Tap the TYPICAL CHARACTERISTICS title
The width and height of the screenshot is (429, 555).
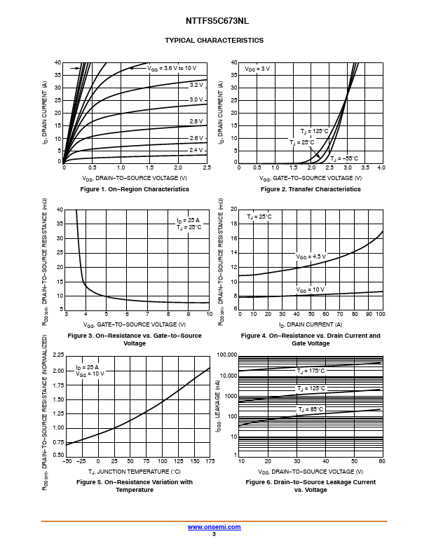pyautogui.click(x=214, y=40)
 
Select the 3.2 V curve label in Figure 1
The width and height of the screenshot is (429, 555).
pyautogui.click(x=196, y=84)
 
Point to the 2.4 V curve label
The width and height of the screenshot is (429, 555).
pyautogui.click(x=196, y=150)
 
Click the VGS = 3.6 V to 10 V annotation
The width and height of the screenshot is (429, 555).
pyautogui.click(x=172, y=68)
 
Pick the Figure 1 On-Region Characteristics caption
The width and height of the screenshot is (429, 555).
pyautogui.click(x=135, y=189)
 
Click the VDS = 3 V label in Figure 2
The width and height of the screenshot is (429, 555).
pyautogui.click(x=257, y=69)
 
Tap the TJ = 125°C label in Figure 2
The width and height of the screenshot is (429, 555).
pyautogui.click(x=314, y=132)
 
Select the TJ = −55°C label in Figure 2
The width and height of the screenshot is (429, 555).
pyautogui.click(x=343, y=158)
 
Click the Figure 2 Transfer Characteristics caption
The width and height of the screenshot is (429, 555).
pyautogui.click(x=311, y=189)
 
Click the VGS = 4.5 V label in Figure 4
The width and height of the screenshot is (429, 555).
pyautogui.click(x=311, y=256)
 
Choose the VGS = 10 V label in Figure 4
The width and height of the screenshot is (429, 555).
pyautogui.click(x=310, y=289)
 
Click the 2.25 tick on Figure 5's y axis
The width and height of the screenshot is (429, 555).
pyautogui.click(x=58, y=355)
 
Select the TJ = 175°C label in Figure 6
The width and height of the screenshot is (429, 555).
pyautogui.click(x=311, y=371)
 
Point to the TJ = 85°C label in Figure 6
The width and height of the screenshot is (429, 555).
pyautogui.click(x=311, y=409)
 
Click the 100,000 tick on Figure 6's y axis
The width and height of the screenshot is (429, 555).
pyautogui.click(x=226, y=355)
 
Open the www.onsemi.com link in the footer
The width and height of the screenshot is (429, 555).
pyautogui.click(x=214, y=527)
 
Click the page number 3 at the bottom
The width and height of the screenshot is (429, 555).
pyautogui.click(x=214, y=534)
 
